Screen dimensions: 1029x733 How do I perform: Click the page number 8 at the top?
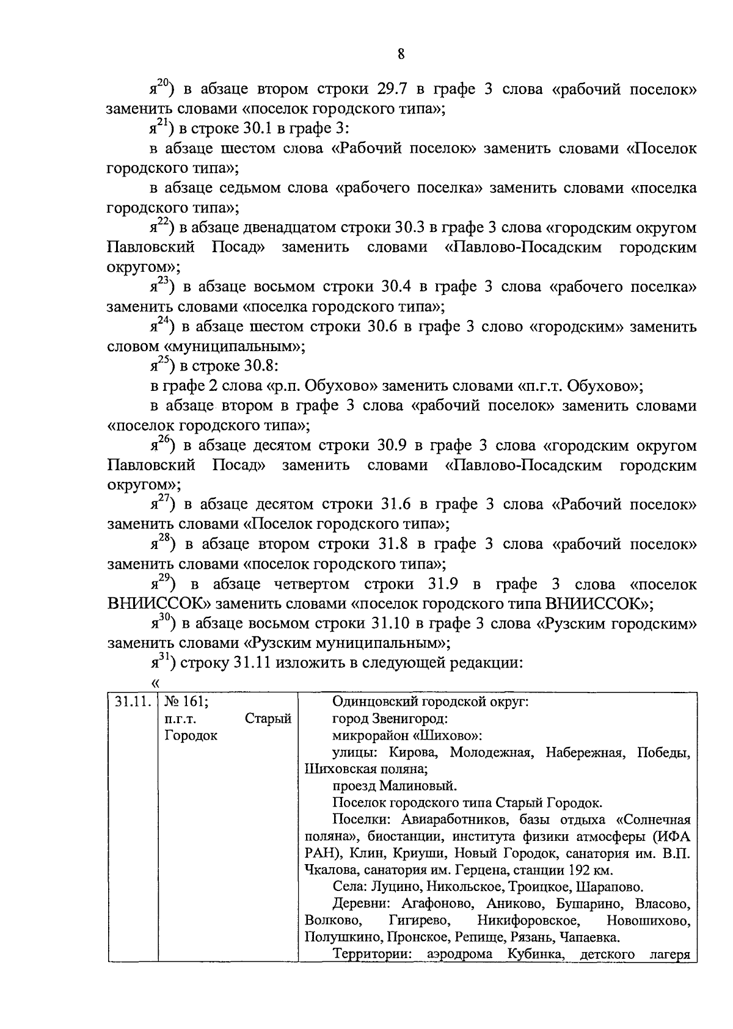coord(401,54)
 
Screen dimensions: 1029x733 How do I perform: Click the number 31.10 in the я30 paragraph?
coord(392,624)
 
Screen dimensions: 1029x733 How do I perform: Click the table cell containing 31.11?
coord(132,702)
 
